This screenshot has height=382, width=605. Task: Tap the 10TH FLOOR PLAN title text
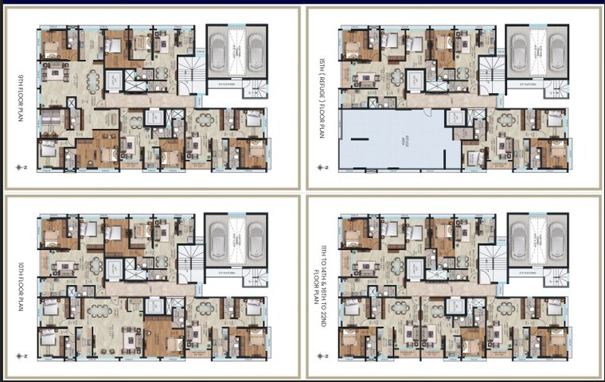point(22,286)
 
